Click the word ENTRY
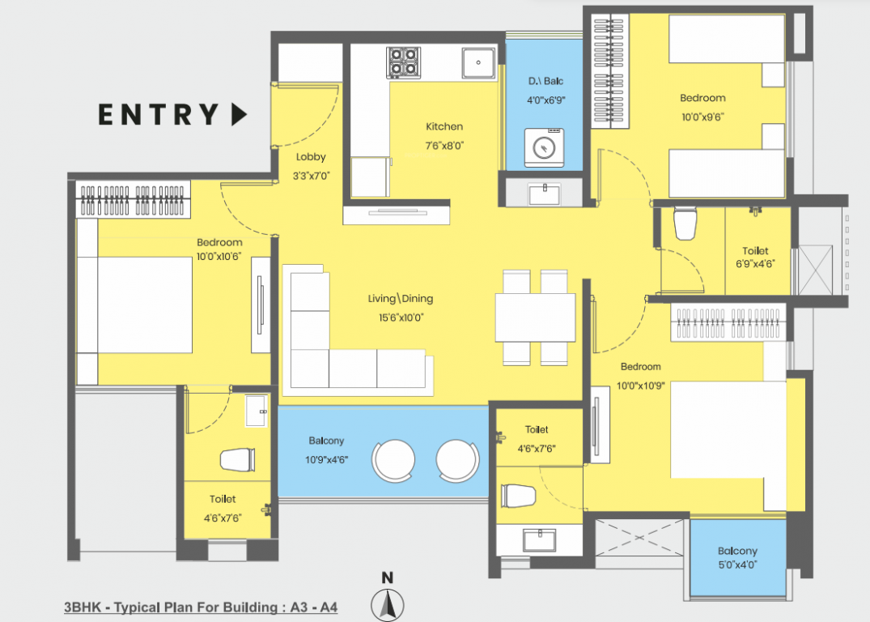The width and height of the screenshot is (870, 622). click(x=159, y=115)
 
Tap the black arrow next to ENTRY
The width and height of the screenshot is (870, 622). click(x=238, y=115)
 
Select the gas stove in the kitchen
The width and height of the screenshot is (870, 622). click(x=403, y=62)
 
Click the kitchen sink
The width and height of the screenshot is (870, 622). click(x=478, y=62)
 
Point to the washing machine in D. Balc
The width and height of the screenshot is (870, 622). click(x=544, y=147)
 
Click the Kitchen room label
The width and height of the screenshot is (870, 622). click(x=444, y=126)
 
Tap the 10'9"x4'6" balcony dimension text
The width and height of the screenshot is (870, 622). click(x=326, y=458)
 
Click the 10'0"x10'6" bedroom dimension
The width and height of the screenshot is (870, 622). click(x=219, y=258)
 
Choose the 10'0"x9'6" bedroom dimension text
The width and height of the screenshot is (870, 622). click(x=702, y=116)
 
